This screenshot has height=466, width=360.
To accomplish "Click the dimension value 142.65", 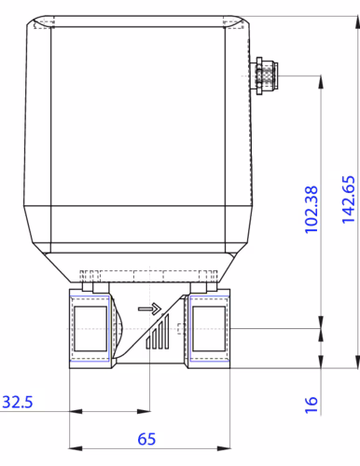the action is point(348,199).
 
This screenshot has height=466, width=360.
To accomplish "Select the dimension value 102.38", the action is point(312,210).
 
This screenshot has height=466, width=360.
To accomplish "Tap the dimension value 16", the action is point(312,404).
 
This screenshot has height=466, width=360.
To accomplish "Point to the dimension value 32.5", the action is point(18,402).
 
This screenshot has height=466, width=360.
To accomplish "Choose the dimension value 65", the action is point(146,439).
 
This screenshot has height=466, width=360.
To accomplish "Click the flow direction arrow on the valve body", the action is point(149,308).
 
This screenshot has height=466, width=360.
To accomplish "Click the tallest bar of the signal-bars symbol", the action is point(166,332).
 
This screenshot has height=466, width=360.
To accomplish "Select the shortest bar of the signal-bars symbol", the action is point(148,342).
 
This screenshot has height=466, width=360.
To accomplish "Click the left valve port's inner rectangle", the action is point(90,329).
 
